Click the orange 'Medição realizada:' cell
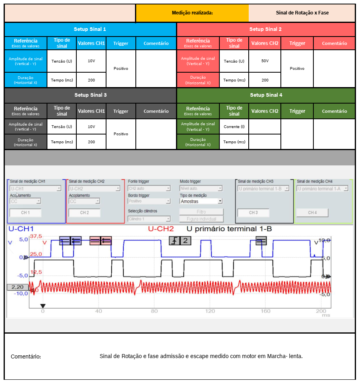coord(192,13)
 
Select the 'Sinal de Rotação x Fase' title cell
coord(302,13)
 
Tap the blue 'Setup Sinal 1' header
coord(90,29)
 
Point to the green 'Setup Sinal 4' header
coord(266,95)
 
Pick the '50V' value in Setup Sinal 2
coord(265,61)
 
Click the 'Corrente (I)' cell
coord(234,126)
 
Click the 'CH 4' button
coord(312,212)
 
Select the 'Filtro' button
coord(201,212)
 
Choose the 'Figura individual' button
coord(201,219)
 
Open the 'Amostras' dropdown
coord(201,201)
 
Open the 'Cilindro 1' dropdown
coord(149,219)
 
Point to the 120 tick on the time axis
coord(210,311)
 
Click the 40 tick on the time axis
coord(98,311)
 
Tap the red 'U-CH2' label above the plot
coord(161,229)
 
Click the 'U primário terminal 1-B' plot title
coord(229,229)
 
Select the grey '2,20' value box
coord(17,287)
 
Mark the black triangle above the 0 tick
coord(43,306)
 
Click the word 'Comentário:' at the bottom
coord(26,356)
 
